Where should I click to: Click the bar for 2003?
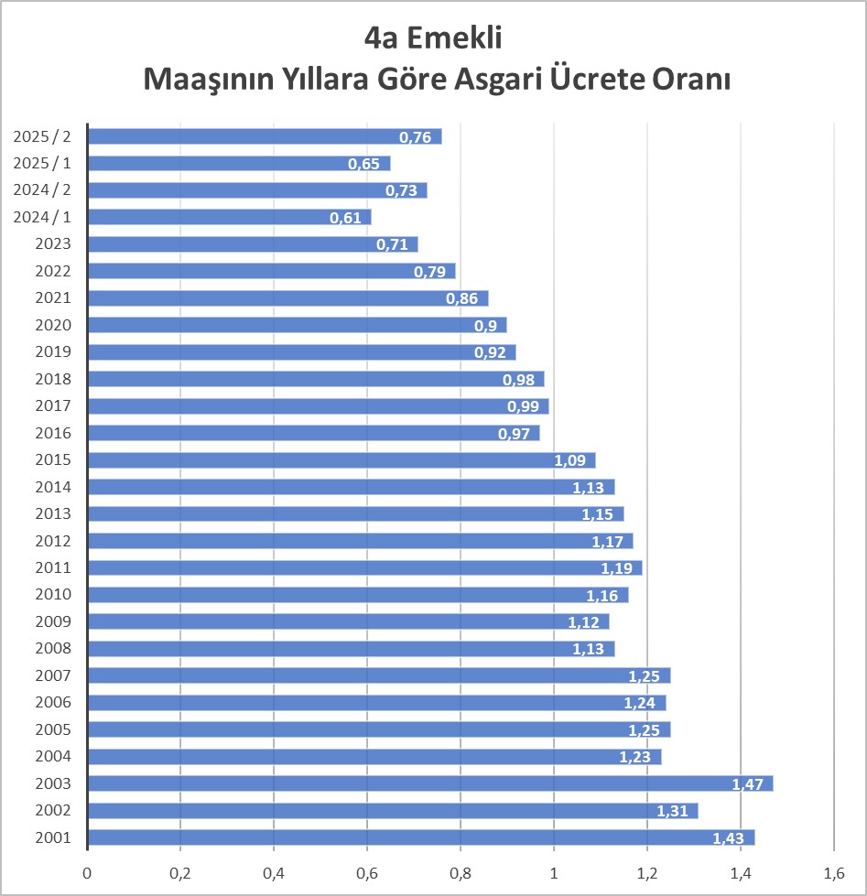(430, 783)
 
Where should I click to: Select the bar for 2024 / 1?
(229, 217)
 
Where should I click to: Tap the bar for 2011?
(364, 567)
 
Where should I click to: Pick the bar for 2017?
(318, 405)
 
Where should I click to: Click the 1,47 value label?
(750, 784)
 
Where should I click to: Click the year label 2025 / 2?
(42, 136)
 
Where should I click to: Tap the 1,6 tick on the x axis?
(833, 872)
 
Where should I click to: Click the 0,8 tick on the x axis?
(461, 872)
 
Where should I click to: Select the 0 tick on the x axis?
(88, 872)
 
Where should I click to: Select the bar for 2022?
(271, 271)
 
